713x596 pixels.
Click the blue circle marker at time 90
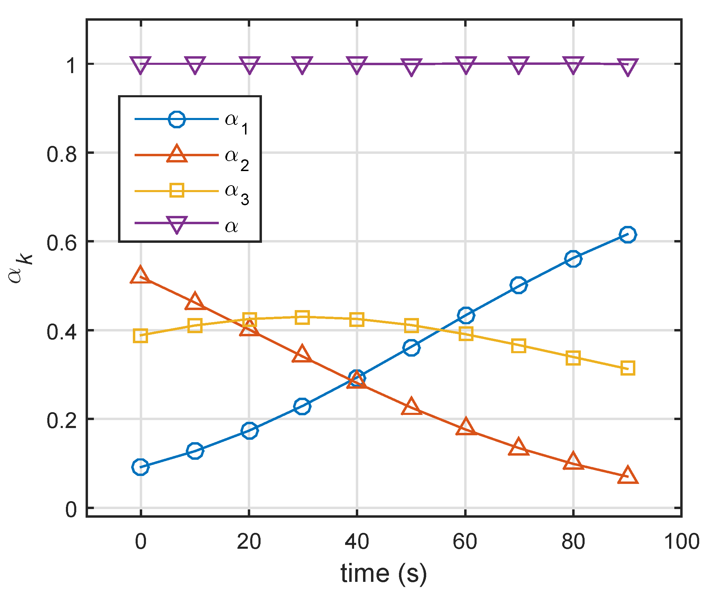pos(627,235)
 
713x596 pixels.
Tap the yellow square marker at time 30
pos(302,317)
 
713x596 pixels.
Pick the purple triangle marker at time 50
pos(411,66)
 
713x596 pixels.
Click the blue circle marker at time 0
pos(140,467)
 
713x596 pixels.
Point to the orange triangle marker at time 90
pos(627,476)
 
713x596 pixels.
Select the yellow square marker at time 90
pos(627,368)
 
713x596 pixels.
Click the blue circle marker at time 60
pos(466,315)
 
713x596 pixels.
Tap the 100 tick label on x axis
pos(682,542)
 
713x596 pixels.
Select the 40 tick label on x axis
pos(357,542)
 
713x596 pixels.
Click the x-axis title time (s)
pos(384,574)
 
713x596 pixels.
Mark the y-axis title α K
pos(20,269)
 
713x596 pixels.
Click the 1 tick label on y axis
pos(71,65)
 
